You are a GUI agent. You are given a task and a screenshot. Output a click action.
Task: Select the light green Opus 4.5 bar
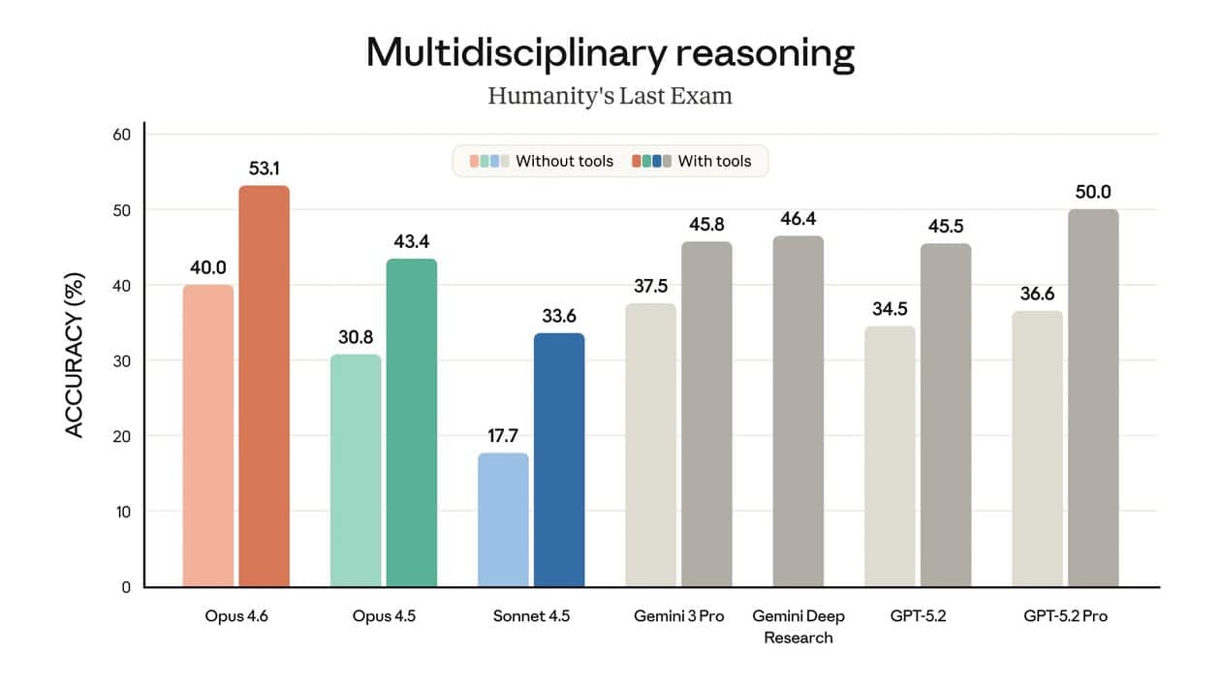355,470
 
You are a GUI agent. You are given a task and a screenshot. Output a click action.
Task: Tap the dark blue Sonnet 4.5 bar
559,459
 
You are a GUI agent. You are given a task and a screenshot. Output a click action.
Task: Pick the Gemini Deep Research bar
798,411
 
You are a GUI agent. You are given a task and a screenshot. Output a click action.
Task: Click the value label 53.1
265,169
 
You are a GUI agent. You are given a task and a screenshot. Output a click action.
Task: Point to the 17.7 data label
503,436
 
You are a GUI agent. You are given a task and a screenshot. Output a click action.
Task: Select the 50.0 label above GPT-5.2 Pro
1093,192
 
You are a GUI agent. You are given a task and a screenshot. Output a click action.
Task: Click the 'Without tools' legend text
564,161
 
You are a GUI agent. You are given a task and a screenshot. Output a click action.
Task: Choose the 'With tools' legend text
714,161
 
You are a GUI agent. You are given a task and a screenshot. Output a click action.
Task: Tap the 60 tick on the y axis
121,134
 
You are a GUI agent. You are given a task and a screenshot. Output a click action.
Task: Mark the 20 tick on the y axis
121,436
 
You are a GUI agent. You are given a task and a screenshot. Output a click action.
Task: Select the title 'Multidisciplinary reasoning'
610,53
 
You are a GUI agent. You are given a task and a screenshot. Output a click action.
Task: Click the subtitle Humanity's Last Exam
610,96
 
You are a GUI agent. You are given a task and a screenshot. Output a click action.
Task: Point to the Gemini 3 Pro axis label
678,617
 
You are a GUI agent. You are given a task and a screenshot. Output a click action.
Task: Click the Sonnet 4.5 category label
531,617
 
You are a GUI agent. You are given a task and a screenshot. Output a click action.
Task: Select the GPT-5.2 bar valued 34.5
890,455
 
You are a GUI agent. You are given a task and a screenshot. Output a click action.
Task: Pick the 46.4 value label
798,219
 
